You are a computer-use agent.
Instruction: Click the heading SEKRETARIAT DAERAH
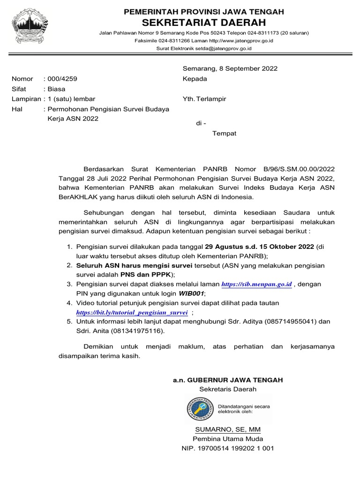(x=204, y=22)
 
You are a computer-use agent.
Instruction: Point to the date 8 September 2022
(x=248, y=68)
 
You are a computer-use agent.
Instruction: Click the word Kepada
(x=195, y=79)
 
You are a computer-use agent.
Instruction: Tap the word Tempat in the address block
(x=225, y=134)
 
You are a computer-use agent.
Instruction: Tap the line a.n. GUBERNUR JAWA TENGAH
(x=228, y=380)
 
